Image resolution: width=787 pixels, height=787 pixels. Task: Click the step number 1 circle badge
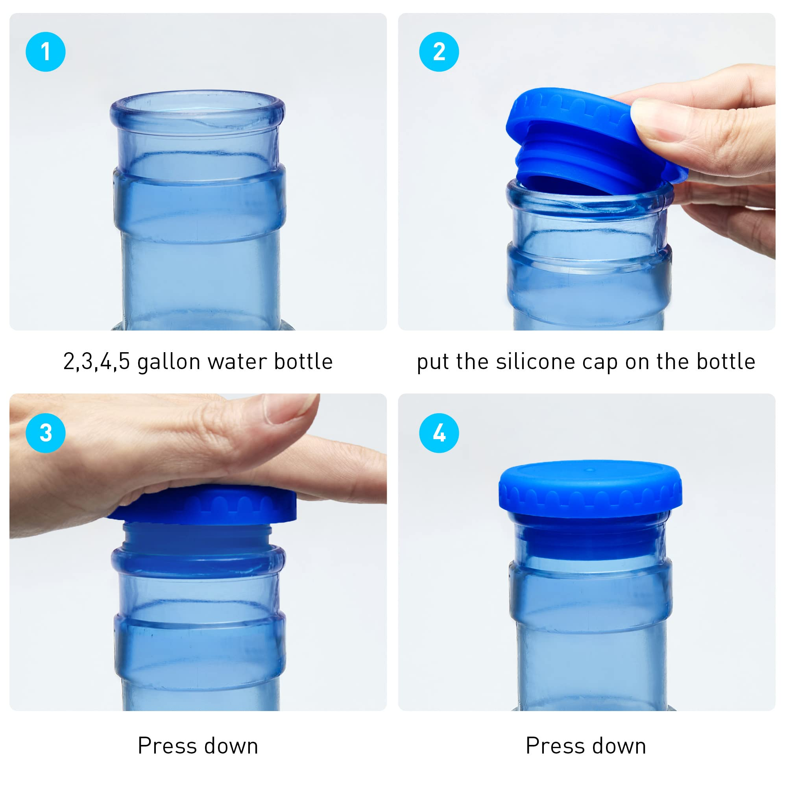pos(46,52)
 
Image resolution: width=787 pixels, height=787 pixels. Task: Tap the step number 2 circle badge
pos(439,52)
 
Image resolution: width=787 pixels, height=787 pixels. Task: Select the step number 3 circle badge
pos(46,432)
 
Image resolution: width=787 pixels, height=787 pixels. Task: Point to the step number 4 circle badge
pos(439,432)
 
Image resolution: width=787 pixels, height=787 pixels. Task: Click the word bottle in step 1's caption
pos(303,361)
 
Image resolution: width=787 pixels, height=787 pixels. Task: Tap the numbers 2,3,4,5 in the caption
pos(96,362)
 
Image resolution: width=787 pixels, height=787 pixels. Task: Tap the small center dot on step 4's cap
pos(589,470)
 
